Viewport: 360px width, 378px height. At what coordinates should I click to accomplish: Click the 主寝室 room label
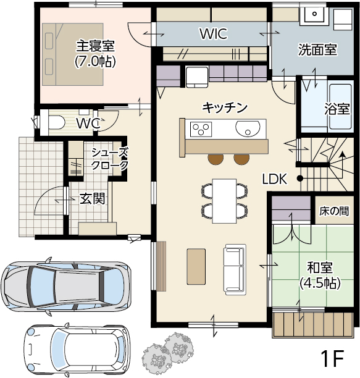pos(96,46)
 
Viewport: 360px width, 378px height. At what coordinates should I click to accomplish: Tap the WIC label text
pos(214,34)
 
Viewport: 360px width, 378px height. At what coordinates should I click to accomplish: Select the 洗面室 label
pos(317,49)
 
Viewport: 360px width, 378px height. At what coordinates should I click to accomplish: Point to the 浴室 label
pos(337,109)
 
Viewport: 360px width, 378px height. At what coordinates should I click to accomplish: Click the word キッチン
pos(225,107)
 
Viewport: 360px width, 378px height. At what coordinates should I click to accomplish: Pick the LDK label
pos(275,179)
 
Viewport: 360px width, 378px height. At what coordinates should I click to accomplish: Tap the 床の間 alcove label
pos(334,211)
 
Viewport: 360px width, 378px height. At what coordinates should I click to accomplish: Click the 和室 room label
pos(320,267)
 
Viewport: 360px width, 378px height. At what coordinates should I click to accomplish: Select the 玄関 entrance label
pos(92,199)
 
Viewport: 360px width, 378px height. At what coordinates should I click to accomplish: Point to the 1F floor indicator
pos(332,358)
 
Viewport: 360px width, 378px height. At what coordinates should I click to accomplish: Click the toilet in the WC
pos(57,122)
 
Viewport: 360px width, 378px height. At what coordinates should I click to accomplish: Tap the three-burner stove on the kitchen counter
pos(201,129)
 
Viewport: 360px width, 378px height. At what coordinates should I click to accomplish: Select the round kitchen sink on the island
pos(248,128)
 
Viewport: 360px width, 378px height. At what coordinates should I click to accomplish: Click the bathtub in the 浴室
pos(340,106)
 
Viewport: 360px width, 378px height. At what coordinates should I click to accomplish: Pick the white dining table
pos(224,201)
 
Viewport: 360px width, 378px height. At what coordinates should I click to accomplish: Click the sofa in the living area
pos(235,269)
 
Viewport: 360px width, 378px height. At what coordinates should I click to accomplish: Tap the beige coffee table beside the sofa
pos(196,267)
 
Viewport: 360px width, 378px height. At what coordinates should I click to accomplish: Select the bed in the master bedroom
pos(73,54)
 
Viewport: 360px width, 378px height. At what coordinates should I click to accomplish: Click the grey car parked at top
pos(66,286)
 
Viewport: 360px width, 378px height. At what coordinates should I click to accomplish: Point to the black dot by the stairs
pos(299,178)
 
